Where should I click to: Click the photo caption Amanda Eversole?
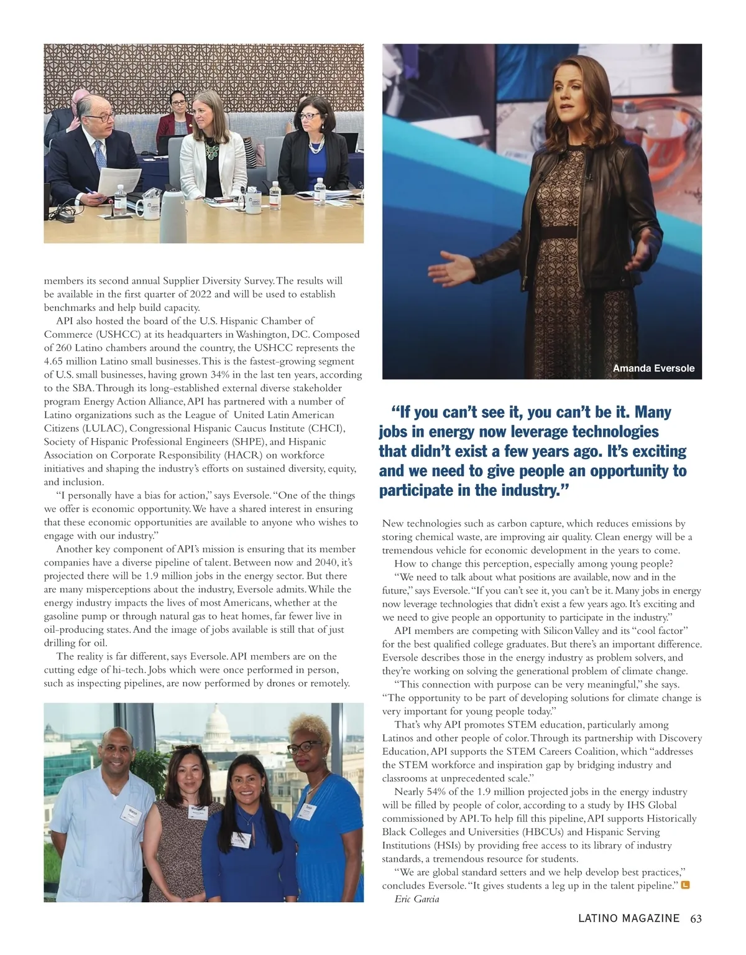(653, 368)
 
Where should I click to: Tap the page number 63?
(696, 918)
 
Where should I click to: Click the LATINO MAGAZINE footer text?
(629, 918)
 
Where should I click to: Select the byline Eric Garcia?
(417, 899)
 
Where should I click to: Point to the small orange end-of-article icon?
(686, 885)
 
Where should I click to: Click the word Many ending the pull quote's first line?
(652, 412)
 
